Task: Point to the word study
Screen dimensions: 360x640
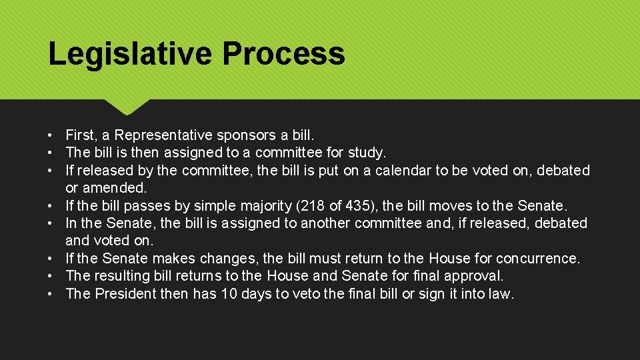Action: point(366,153)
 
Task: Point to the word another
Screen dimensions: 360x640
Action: point(326,223)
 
